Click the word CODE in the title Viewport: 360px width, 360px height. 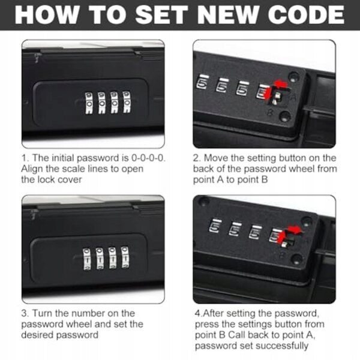coord(306,14)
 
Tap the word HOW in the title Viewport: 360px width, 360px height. coord(46,14)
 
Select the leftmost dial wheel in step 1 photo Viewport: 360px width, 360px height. coord(89,103)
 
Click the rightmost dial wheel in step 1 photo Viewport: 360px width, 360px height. coord(127,102)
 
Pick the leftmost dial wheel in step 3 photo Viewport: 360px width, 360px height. coord(87,259)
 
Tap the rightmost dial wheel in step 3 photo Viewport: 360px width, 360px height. coord(125,257)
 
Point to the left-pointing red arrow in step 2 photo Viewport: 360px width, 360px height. coord(281,83)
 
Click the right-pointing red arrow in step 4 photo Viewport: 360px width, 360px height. coord(295,230)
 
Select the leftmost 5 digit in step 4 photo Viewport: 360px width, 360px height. coord(215,226)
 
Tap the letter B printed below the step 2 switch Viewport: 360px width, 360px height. coord(271,112)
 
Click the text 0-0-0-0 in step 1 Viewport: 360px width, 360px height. coord(149,158)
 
